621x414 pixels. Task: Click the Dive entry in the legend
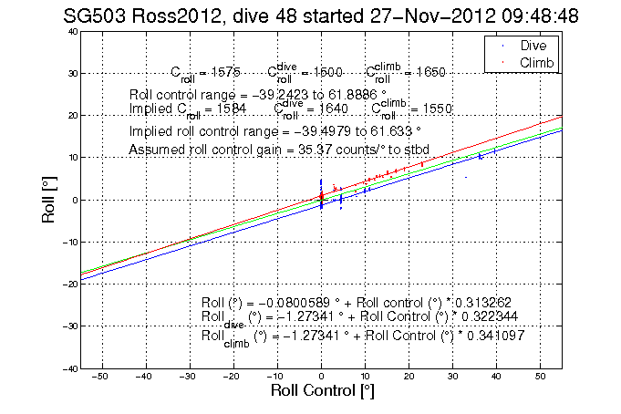(533, 45)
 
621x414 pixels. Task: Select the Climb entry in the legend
(536, 61)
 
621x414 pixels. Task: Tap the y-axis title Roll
(47, 200)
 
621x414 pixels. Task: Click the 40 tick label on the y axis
(69, 31)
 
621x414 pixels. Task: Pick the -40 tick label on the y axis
(67, 368)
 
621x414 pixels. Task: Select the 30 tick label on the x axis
(452, 376)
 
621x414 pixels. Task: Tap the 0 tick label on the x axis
(321, 376)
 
